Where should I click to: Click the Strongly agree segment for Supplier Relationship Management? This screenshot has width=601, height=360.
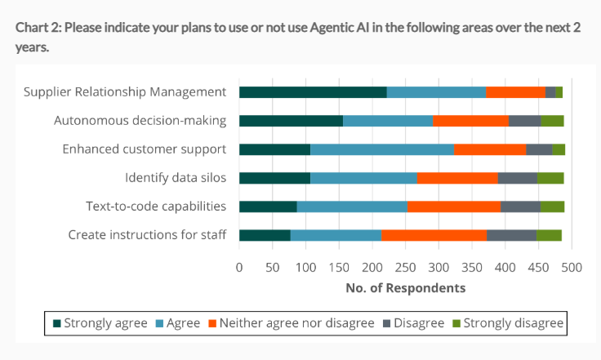pos(312,92)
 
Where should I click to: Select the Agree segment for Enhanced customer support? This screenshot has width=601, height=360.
pos(381,149)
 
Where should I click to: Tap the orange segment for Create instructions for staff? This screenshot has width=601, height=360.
pos(434,235)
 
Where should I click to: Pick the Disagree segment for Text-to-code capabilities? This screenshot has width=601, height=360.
pos(520,207)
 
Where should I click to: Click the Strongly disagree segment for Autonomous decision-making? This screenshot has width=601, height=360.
pos(552,121)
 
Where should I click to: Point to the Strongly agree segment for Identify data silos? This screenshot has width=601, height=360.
pos(274,178)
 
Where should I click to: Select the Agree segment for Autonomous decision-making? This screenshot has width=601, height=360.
pos(387,121)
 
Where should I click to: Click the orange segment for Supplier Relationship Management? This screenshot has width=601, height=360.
pos(515,92)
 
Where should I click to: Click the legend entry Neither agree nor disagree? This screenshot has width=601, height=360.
pos(293,323)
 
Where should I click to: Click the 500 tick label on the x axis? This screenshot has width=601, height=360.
pos(571,267)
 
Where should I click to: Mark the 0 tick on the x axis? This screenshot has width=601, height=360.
pos(239,267)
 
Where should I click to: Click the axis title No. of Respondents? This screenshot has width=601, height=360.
pos(405,288)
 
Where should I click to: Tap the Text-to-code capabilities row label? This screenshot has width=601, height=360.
pos(156,207)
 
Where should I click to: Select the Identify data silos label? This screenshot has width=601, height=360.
pos(176,178)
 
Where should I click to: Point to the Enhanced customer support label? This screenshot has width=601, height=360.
pos(145,149)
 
